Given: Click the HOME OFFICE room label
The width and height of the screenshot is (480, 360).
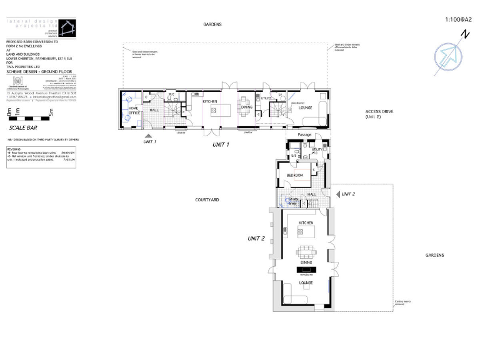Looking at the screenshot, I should click(x=134, y=111).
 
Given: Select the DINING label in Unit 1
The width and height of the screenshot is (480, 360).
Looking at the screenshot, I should click(x=246, y=107).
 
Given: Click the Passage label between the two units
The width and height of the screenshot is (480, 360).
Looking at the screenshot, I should click(x=304, y=134).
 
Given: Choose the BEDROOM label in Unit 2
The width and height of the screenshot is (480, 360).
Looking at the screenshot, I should click(x=294, y=176).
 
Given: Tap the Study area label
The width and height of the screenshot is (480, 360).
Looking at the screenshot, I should click(x=292, y=201).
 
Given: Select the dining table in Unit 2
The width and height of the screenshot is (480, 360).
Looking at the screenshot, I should click(x=306, y=252).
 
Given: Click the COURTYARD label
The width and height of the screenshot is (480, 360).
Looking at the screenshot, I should click(x=207, y=200).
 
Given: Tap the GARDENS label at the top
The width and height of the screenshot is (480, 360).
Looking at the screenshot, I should click(x=213, y=25).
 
